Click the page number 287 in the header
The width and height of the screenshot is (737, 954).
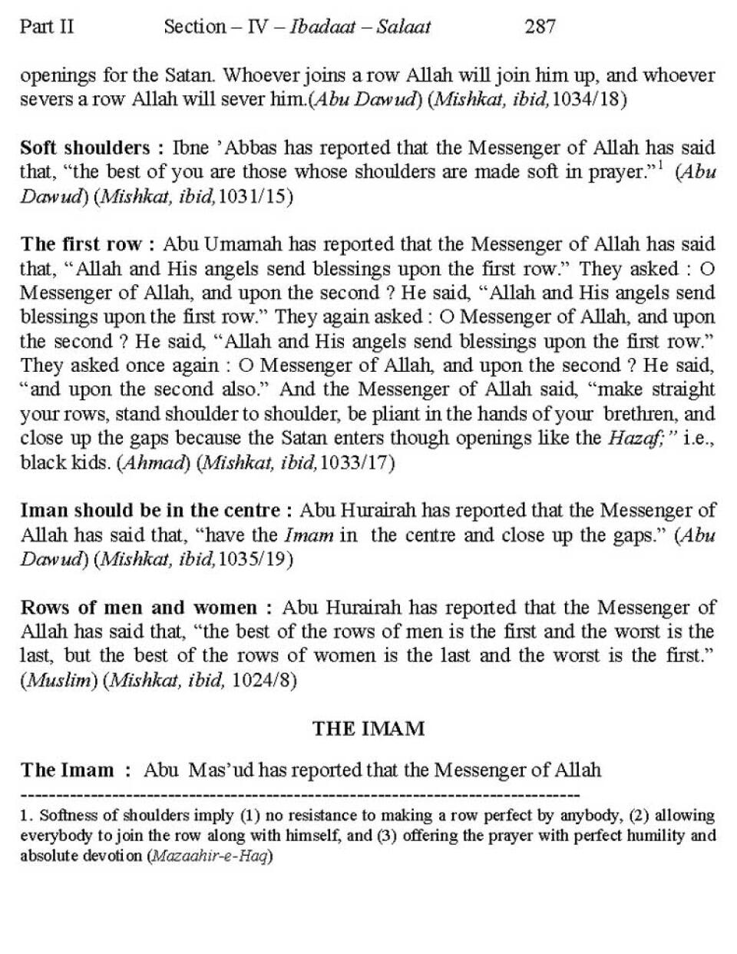pos(540,27)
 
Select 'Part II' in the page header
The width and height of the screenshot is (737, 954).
pos(47,27)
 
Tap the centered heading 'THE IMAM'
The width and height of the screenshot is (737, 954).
pos(368,728)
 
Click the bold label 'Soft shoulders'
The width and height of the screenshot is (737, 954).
pos(84,147)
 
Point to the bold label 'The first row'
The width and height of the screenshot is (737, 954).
pos(81,244)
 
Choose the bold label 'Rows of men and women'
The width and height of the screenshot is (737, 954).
pos(138,608)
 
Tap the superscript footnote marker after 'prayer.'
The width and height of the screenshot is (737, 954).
pos(659,165)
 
